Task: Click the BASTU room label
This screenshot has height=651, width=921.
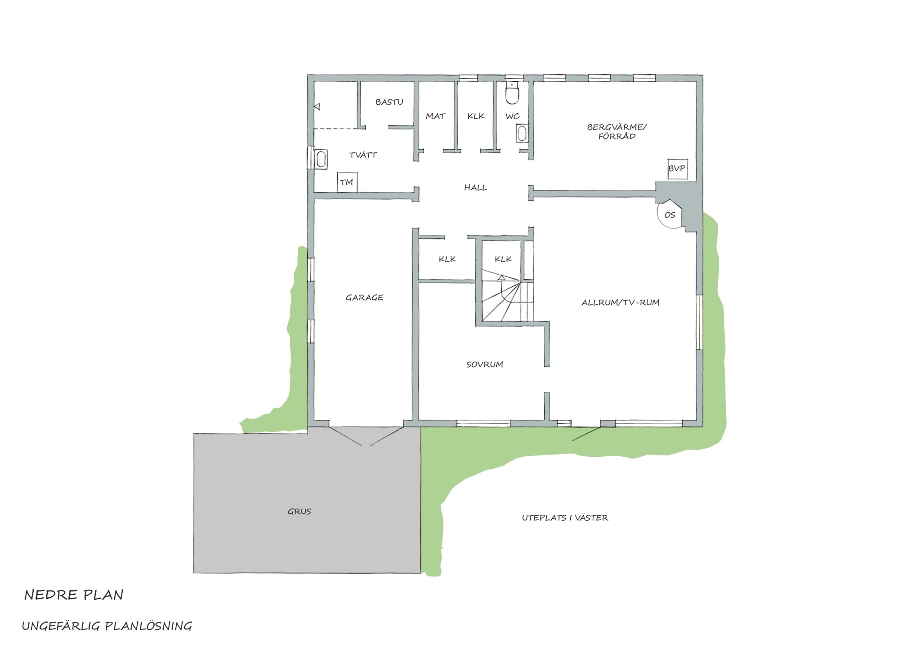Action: click(389, 102)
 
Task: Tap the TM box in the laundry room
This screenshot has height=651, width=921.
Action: click(347, 183)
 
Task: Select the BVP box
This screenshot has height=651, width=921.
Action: click(677, 169)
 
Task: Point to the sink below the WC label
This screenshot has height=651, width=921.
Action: click(522, 134)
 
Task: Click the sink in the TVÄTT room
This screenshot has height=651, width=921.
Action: click(321, 159)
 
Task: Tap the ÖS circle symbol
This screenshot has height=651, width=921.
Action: click(670, 215)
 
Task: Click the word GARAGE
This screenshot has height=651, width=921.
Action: click(364, 297)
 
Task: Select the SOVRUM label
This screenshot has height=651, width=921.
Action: click(484, 365)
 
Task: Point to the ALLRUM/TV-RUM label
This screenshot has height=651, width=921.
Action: click(620, 303)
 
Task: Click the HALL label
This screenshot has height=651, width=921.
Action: click(475, 188)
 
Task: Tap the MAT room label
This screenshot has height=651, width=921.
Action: click(435, 116)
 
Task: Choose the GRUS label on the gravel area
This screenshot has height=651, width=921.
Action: click(299, 512)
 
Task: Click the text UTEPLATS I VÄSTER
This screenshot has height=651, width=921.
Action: click(565, 518)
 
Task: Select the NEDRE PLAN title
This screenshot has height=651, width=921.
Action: click(74, 595)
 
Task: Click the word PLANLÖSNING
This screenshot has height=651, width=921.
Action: click(148, 626)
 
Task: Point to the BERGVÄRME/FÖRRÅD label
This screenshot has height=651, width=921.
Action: click(617, 131)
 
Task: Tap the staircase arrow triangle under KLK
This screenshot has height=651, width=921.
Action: click(501, 277)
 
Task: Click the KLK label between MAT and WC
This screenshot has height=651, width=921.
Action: click(476, 116)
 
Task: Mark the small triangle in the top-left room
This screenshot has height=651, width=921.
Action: click(317, 107)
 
